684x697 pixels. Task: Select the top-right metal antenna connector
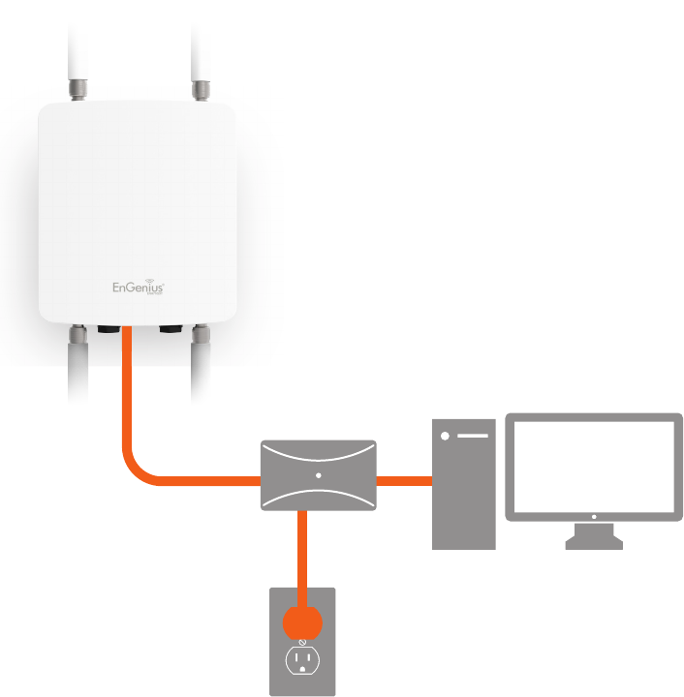click(x=201, y=90)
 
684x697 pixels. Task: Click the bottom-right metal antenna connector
click(x=201, y=337)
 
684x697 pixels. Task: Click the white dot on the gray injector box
click(x=318, y=475)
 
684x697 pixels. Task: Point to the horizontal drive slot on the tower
click(x=472, y=436)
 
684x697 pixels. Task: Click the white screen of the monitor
click(x=594, y=467)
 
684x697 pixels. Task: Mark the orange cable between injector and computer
click(x=403, y=479)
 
